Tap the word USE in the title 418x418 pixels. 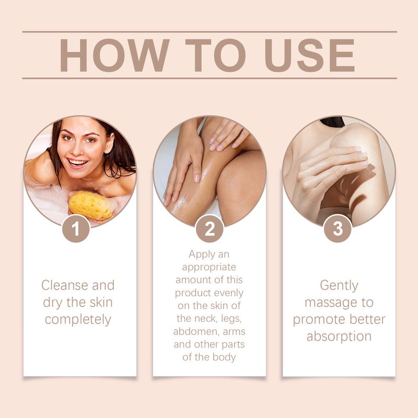pyautogui.click(x=310, y=55)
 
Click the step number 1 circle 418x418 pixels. pyautogui.click(x=76, y=229)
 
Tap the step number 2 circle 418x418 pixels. pyautogui.click(x=210, y=229)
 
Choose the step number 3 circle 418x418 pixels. pyautogui.click(x=338, y=229)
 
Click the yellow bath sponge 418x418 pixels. pyautogui.click(x=90, y=205)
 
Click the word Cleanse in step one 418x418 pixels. pyautogui.click(x=64, y=285)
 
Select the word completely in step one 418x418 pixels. pyautogui.click(x=78, y=319)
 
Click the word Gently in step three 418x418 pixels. pyautogui.click(x=339, y=285)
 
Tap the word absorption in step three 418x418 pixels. pyautogui.click(x=339, y=336)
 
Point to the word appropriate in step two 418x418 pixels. pyautogui.click(x=210, y=267)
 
